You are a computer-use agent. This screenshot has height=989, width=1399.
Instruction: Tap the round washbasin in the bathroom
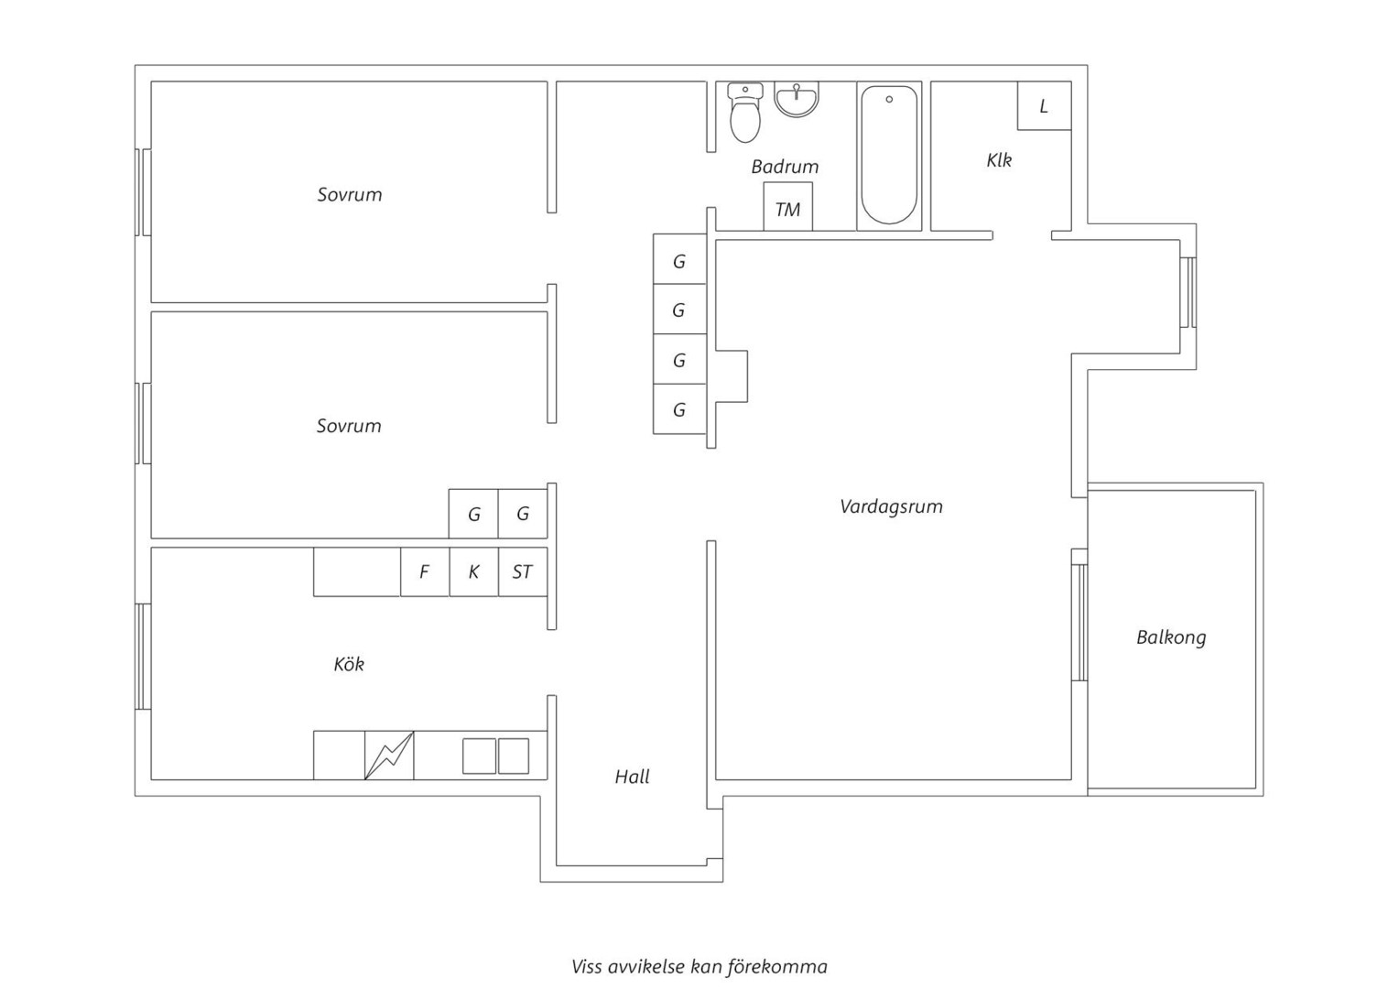[797, 100]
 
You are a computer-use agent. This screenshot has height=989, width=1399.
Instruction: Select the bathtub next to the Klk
[889, 155]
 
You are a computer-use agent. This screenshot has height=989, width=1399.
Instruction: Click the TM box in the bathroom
[788, 207]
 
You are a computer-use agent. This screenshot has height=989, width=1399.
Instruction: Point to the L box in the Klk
[1045, 106]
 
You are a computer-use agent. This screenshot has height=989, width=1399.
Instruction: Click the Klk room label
[999, 160]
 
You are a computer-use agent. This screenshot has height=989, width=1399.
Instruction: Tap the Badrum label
[785, 167]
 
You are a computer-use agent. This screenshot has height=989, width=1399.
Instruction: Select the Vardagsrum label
[891, 506]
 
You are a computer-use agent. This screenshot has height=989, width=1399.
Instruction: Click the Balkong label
[1171, 638]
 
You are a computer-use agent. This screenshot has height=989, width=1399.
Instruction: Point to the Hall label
[632, 777]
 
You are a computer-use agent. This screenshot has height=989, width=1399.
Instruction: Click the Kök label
[349, 664]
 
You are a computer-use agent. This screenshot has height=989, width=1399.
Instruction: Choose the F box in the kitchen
[425, 571]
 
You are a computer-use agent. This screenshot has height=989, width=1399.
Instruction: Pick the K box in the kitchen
[474, 571]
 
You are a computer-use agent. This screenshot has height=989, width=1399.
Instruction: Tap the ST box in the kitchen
[523, 571]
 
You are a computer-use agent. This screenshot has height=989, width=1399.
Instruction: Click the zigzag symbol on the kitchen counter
[389, 755]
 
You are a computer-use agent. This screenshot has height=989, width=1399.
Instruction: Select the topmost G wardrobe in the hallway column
[679, 259]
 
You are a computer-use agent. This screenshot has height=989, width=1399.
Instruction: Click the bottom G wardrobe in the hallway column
[679, 409]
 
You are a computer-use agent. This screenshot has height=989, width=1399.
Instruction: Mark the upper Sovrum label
[349, 195]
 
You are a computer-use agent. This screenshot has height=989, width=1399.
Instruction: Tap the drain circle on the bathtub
[889, 99]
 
